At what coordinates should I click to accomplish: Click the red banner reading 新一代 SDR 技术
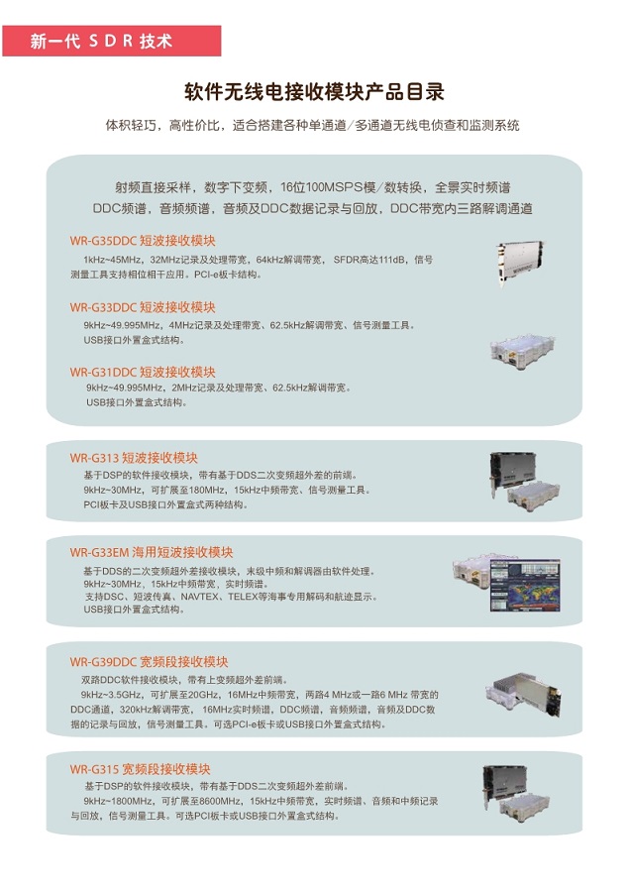coord(110,41)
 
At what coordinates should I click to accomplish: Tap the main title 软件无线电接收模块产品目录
coord(314,92)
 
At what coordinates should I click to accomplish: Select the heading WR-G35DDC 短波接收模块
coord(143,241)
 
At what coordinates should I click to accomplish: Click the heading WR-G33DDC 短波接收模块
coord(143,307)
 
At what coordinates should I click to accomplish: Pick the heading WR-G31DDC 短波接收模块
coord(143,372)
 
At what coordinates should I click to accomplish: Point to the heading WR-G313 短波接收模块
coord(134,458)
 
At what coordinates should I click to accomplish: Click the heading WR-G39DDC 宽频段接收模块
coord(149,662)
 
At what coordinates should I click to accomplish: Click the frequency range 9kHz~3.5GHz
coord(114,695)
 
